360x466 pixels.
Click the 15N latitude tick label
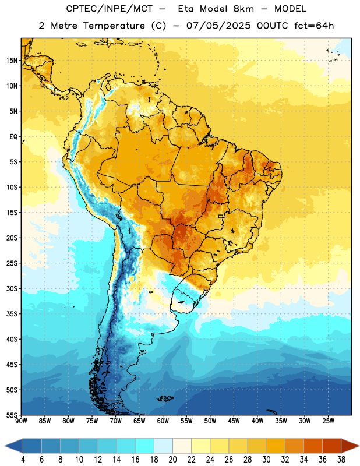click(12, 61)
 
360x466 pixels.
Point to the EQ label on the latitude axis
click(13, 137)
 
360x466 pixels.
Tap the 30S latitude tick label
click(12, 289)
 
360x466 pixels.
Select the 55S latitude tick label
click(12, 415)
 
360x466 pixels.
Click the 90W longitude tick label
click(21, 421)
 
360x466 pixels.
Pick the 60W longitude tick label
click(163, 421)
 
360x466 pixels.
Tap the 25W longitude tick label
click(328, 421)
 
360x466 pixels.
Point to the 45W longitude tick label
click(234, 421)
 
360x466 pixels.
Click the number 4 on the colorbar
click(23, 460)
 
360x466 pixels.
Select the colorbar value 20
click(172, 460)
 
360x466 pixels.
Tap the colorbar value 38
click(341, 460)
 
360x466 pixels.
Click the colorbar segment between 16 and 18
click(145, 446)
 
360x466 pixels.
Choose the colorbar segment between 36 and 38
click(332, 446)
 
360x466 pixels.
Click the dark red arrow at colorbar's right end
click(350, 446)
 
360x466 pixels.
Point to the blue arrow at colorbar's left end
click(14, 446)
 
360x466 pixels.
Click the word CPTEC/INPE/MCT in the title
click(110, 9)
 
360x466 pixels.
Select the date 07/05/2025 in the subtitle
click(219, 26)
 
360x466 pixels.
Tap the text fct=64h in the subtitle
click(314, 26)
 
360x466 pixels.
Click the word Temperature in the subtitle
click(114, 26)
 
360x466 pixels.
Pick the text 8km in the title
click(243, 9)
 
